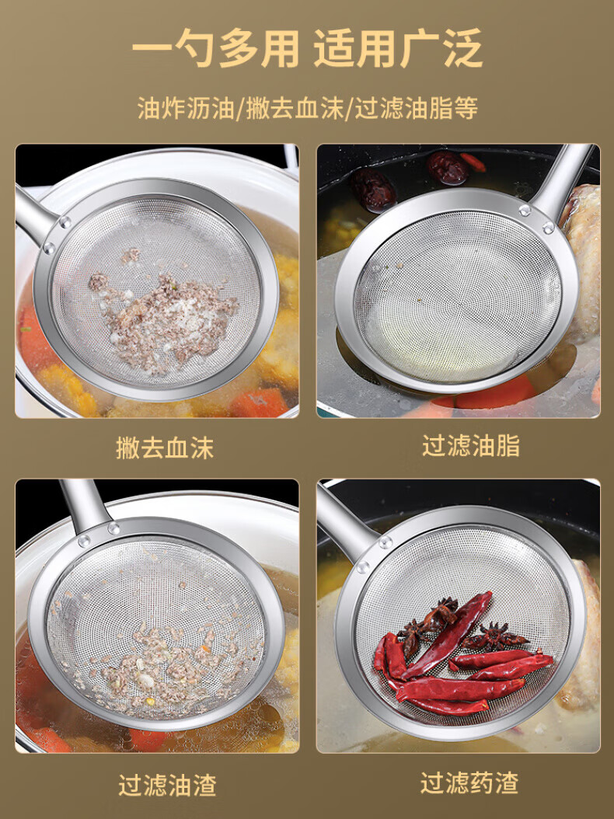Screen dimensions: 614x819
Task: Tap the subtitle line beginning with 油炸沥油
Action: coord(307,109)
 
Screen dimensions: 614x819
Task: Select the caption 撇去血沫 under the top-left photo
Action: coord(165,448)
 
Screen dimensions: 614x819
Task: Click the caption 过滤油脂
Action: coord(471,446)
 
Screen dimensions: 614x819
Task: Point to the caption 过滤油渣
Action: coord(167,785)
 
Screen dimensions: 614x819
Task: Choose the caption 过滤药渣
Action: coord(469,783)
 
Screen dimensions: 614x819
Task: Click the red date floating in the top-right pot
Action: coord(448,168)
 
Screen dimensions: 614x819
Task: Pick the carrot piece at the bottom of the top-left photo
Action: coord(259,403)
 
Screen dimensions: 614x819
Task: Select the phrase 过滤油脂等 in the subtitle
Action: coord(417,109)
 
